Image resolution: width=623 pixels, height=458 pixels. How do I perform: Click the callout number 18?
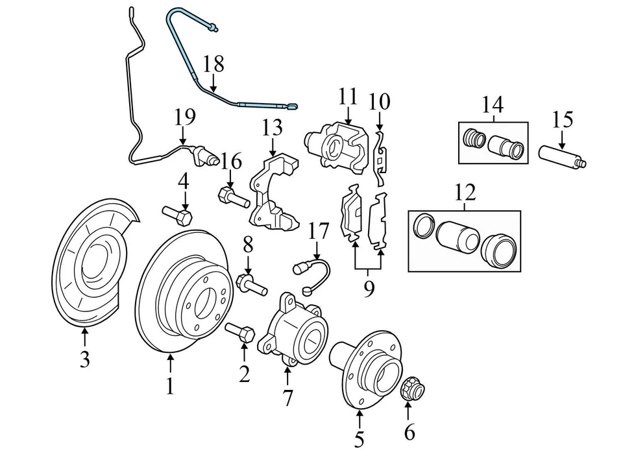point(213,64)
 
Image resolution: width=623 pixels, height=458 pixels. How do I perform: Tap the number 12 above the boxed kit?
point(465,192)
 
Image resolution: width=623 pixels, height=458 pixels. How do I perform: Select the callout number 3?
point(84,359)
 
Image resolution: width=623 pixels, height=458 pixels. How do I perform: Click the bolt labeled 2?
point(239,332)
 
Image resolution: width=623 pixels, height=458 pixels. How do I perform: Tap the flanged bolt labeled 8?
point(252,285)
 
